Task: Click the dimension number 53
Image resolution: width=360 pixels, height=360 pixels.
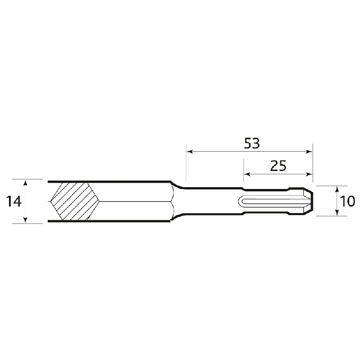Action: [x=252, y=143]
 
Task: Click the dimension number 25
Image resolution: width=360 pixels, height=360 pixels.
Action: [x=278, y=166]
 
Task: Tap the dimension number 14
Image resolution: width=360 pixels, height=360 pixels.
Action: [x=14, y=201]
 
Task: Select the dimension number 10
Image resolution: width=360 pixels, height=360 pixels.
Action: [x=347, y=201]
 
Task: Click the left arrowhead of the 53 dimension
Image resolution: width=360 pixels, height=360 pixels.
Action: [x=189, y=152]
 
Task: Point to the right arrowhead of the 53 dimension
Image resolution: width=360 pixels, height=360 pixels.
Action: [x=310, y=152]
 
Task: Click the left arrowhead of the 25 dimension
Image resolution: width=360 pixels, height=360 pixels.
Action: [x=247, y=175]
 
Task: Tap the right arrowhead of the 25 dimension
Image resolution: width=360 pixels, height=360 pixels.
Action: [x=310, y=175]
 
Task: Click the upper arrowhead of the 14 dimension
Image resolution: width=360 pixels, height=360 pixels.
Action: [x=26, y=183]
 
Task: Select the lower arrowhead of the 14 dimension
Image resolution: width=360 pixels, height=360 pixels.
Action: [x=26, y=220]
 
